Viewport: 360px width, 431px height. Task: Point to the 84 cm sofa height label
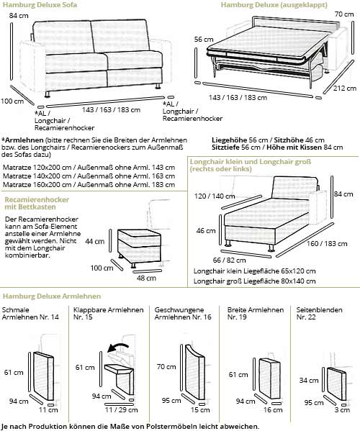point(9,16)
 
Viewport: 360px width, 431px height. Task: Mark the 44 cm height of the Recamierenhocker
point(94,242)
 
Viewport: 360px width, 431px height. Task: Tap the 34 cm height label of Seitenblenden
point(309,379)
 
